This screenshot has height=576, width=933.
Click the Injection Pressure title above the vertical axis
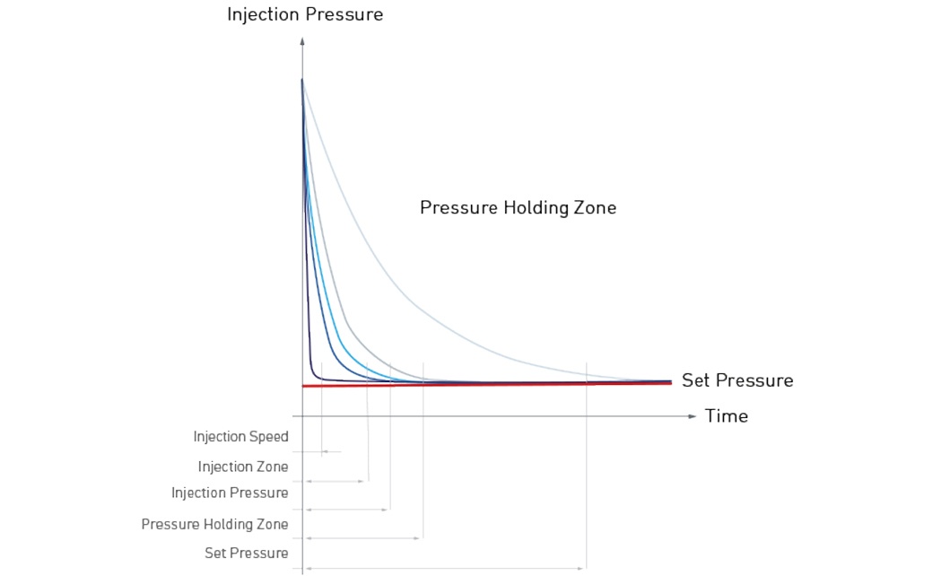(x=304, y=14)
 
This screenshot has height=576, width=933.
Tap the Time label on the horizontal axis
(x=726, y=416)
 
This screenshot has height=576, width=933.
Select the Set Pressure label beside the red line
(x=737, y=380)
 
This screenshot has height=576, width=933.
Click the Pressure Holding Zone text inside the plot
(x=518, y=208)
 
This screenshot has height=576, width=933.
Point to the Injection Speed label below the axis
(x=240, y=437)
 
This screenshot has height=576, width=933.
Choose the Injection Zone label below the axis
(x=243, y=467)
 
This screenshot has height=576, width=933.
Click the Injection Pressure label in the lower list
(x=230, y=493)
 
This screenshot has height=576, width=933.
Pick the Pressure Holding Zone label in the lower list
(x=214, y=524)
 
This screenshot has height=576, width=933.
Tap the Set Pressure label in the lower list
(x=246, y=553)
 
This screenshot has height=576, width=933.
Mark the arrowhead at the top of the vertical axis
(x=302, y=41)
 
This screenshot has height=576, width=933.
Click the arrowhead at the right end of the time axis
(x=692, y=416)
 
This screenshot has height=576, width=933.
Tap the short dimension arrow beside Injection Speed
(x=331, y=451)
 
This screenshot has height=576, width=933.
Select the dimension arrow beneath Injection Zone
(x=336, y=482)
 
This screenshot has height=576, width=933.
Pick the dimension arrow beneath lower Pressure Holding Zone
(x=363, y=538)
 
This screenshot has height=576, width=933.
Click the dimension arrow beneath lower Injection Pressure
(x=347, y=510)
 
